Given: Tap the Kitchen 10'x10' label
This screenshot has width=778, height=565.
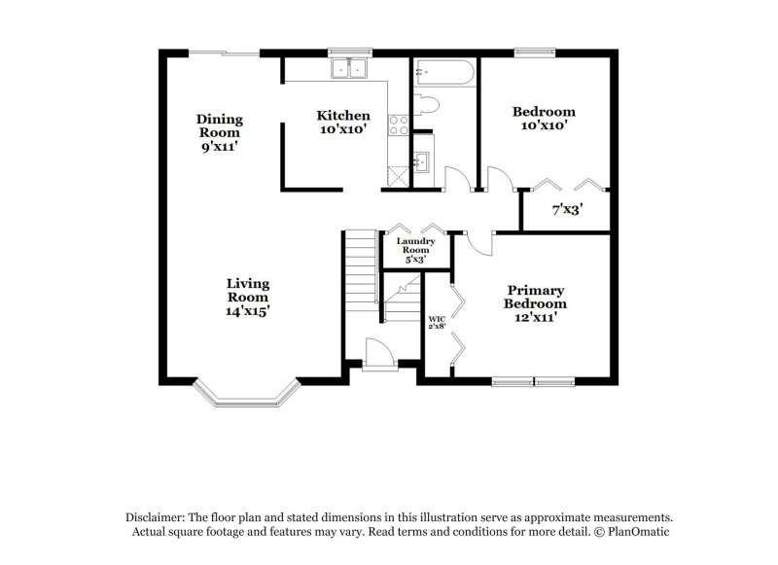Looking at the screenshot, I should (x=342, y=121).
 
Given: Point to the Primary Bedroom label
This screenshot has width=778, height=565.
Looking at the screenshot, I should (x=535, y=303).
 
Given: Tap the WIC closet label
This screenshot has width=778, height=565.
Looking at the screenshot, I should (x=437, y=322).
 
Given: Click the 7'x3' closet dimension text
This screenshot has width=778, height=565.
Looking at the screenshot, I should (x=566, y=209).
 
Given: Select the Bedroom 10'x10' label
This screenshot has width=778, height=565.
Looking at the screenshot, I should (x=544, y=118).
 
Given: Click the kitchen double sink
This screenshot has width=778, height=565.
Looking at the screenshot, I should (x=348, y=68).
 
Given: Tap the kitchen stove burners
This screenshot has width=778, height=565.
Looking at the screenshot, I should (x=398, y=124).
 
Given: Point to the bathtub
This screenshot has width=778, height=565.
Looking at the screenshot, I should (x=443, y=74).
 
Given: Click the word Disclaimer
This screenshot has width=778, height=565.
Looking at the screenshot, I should (x=159, y=518).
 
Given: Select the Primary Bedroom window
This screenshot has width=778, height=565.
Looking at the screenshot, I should (x=534, y=379).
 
